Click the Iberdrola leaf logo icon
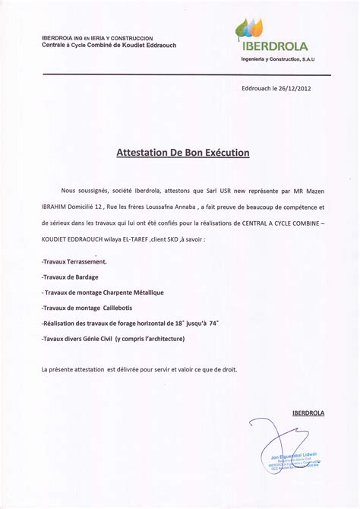click(251, 29)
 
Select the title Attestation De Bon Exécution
click(182, 153)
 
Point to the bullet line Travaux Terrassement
click(74, 261)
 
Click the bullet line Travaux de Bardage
click(70, 277)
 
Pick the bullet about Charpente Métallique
click(103, 292)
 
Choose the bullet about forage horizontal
click(130, 323)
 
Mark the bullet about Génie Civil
click(113, 339)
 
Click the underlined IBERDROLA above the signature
click(308, 413)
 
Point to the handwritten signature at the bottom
click(285, 452)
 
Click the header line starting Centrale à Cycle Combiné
click(109, 45)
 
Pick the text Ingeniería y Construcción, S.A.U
click(277, 58)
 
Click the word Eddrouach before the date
click(257, 88)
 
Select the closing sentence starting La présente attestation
click(139, 369)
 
